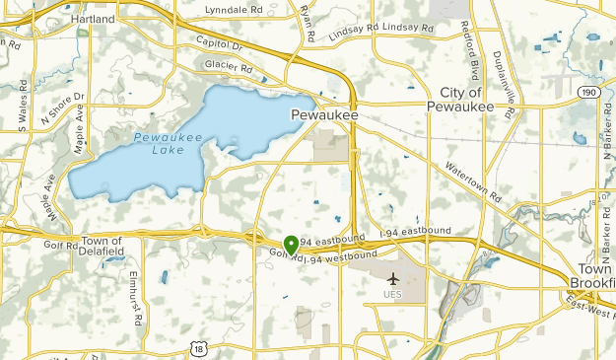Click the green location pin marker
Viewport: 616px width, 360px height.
[x=291, y=244]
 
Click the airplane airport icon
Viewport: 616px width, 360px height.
[x=394, y=278]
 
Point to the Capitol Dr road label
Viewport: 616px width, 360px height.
[x=219, y=44]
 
